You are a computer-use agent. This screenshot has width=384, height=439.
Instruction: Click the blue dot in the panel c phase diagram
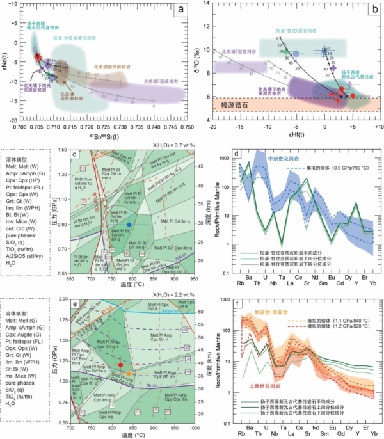(129, 225)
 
